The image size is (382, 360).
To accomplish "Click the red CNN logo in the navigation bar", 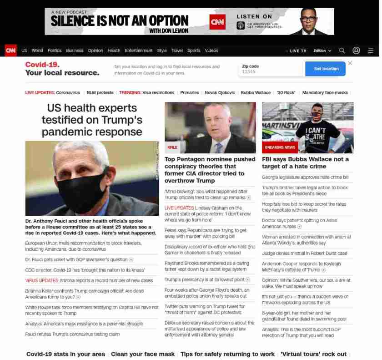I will [10, 51].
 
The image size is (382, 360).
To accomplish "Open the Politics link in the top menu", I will [55, 51].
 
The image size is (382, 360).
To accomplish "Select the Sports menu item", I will [194, 51].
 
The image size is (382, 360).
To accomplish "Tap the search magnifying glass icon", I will [342, 51].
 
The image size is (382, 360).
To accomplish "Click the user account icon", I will [356, 51].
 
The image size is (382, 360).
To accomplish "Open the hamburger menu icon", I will [371, 51].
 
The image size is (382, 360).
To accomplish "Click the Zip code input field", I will [271, 71].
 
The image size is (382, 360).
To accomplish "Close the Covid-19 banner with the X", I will [350, 63].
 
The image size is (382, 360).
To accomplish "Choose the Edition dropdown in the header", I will [322, 51].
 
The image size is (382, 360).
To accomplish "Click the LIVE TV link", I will [297, 51].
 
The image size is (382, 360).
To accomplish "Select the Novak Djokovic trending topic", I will [220, 92].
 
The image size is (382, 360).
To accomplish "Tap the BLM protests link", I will [100, 92].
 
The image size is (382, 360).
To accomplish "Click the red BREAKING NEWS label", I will [280, 147].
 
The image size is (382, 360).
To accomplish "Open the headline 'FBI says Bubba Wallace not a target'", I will [305, 162].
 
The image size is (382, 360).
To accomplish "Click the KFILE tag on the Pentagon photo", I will [172, 147].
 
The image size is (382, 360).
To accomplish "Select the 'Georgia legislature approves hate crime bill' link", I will [305, 177].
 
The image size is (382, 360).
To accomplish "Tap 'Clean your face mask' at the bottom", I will [143, 354].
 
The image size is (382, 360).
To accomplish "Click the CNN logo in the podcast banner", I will [217, 21].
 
